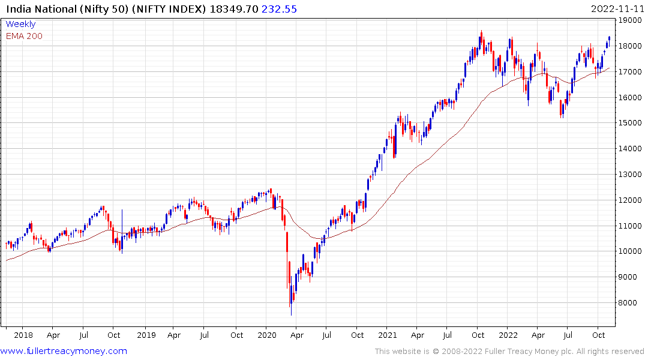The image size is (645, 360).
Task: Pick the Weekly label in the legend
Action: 20,24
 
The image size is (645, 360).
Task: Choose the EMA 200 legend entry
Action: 24,36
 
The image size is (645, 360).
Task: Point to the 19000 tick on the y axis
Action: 631,20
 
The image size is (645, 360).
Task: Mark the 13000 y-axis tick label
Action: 631,175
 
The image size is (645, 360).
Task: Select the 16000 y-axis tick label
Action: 631,97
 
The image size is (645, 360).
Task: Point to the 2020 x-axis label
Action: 267,335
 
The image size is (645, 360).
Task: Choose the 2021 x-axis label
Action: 387,335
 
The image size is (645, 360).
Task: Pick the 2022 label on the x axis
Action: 508,335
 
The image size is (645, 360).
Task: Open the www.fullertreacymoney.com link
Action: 64,351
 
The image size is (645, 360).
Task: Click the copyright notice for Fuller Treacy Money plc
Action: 509,351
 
